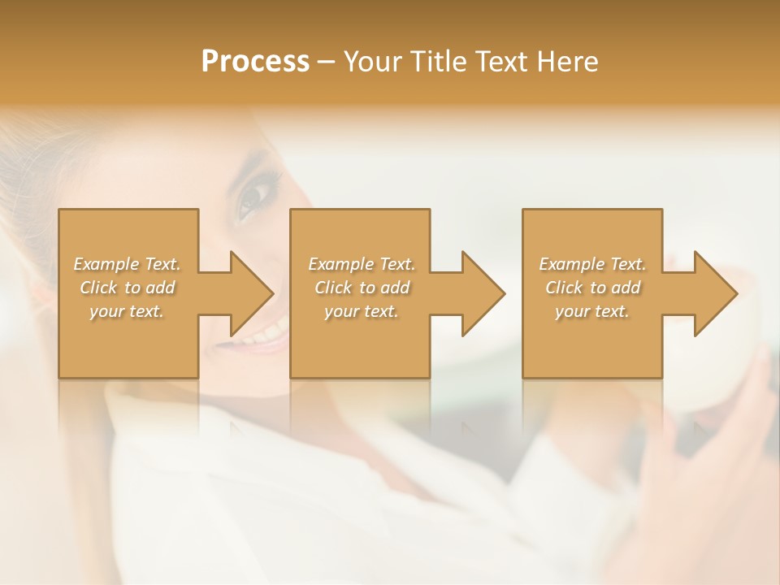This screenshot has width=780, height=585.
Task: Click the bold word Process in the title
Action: (255, 62)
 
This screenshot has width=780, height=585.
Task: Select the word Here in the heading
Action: (568, 62)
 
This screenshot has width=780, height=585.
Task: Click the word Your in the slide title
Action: (375, 62)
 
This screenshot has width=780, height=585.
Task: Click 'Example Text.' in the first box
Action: (127, 264)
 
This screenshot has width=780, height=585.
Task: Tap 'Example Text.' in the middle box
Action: (361, 264)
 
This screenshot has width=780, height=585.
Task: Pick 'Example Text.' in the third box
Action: (592, 264)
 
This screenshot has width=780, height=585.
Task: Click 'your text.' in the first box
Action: (127, 311)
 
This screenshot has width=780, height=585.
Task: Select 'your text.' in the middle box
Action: (361, 311)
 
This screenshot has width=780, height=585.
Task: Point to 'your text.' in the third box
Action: (592, 311)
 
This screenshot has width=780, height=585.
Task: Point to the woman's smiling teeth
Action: (264, 333)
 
